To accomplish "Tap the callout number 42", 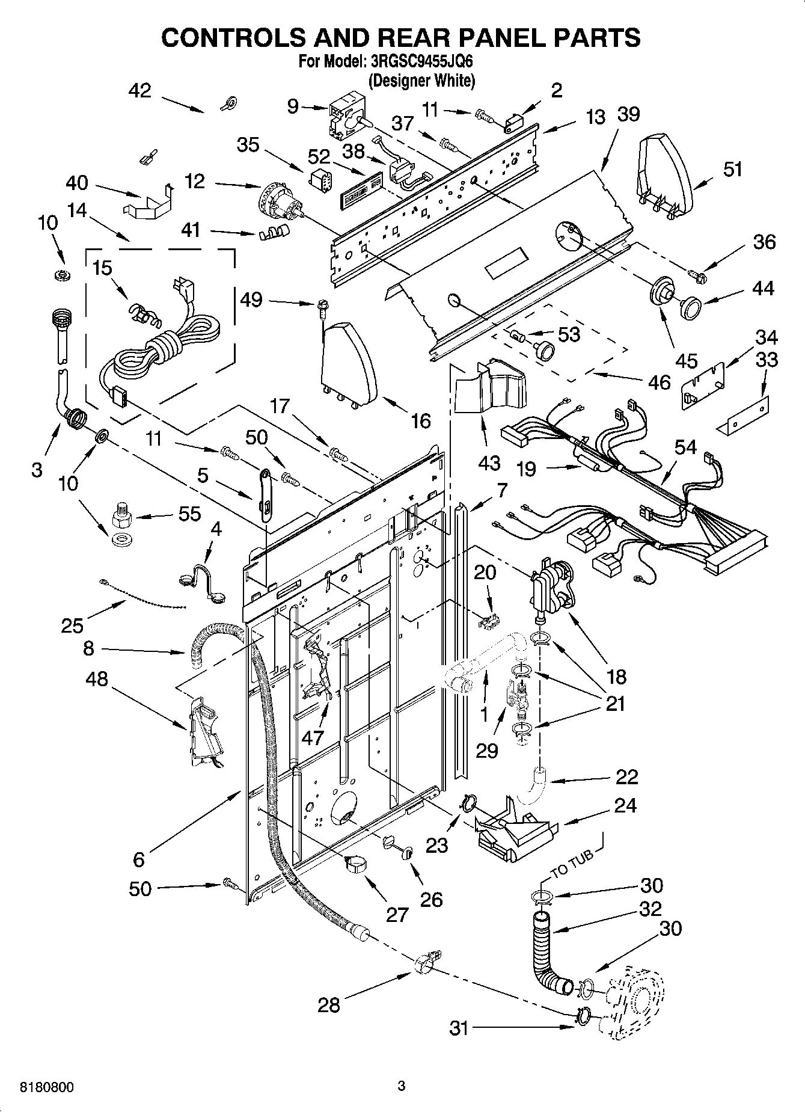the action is click(x=139, y=91).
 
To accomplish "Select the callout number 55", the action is click(x=189, y=515).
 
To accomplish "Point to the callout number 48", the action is click(x=96, y=679).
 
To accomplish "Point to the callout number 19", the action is click(x=526, y=468).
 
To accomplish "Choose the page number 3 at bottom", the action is click(x=402, y=1086).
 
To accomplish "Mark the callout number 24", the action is click(x=625, y=805).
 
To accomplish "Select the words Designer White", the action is click(x=421, y=80).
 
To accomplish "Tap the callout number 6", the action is click(x=139, y=859).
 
